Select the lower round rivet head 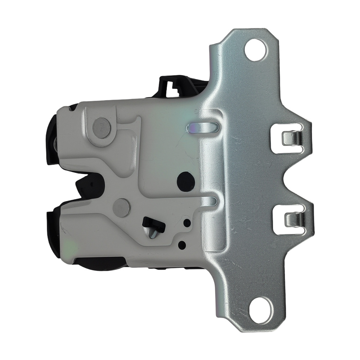pyautogui.click(x=121, y=208)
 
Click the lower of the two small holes pyautogui.click(x=183, y=244)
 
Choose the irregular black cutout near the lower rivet pyautogui.click(x=153, y=223)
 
